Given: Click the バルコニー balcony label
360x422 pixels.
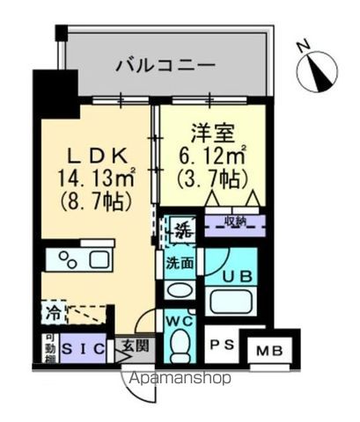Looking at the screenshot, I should pyautogui.click(x=165, y=64).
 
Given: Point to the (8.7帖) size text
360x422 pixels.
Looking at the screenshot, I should pyautogui.click(x=86, y=201).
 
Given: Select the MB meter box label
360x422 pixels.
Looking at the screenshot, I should pyautogui.click(x=270, y=352).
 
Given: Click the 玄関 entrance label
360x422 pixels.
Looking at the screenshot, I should pyautogui.click(x=137, y=346).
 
